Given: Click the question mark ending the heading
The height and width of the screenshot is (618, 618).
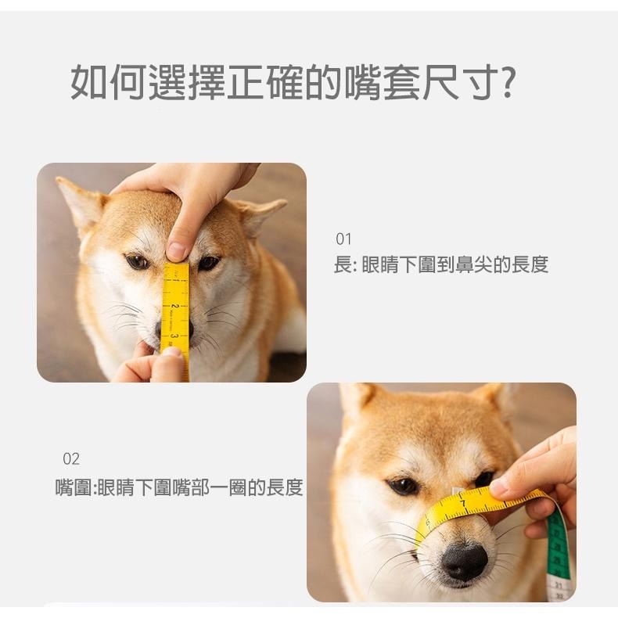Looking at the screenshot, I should coord(507,83).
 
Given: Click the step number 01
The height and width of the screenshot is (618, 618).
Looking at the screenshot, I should coord(343,239).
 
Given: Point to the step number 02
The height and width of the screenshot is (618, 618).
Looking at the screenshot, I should coord(71,458).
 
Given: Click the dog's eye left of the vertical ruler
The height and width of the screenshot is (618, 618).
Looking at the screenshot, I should coord(138,262).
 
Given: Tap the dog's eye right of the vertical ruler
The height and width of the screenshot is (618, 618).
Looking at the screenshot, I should coord(208,263).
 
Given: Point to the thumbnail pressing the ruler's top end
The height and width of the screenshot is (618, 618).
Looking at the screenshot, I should coord(177,250).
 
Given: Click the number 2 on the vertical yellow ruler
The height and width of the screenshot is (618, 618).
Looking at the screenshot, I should coord(175,305).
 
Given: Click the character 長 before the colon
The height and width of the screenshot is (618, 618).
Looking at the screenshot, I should coord(343,265).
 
